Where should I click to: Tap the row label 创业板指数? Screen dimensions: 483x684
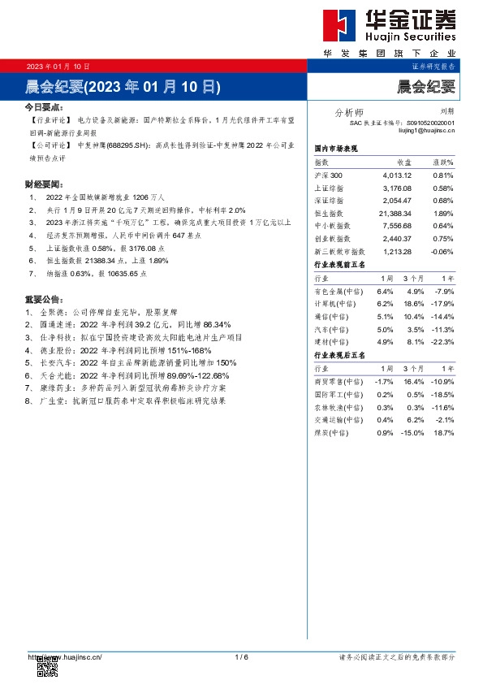coord(331,239)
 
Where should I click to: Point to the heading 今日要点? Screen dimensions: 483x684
coord(43,107)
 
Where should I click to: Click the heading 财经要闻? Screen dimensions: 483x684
coord(43,184)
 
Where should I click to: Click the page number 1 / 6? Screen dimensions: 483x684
coord(241,656)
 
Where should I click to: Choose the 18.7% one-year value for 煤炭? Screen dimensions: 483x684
coord(444,433)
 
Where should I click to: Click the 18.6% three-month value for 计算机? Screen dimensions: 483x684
coord(414,304)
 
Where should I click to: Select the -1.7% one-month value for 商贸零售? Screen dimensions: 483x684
coord(384,381)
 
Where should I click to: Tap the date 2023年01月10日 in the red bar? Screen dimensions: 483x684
coord(58,66)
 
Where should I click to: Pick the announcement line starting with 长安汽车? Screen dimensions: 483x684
coord(130,363)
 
